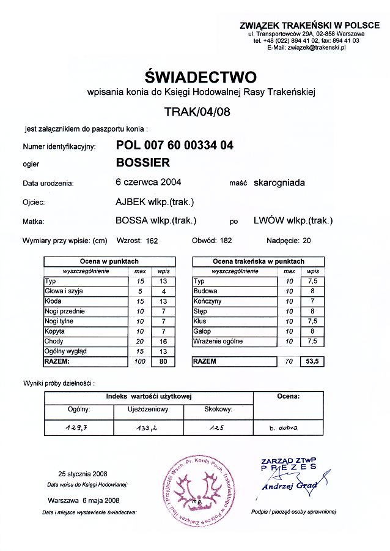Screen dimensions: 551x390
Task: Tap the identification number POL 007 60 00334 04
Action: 174,146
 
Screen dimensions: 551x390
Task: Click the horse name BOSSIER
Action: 143,163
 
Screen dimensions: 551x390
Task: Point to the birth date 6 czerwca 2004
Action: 148,182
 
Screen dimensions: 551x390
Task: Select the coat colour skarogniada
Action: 279,182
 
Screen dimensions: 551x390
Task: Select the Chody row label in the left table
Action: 54,341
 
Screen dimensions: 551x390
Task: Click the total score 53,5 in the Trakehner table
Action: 312,361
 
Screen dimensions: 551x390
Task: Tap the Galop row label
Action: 202,331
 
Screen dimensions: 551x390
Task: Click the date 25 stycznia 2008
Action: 83,474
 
